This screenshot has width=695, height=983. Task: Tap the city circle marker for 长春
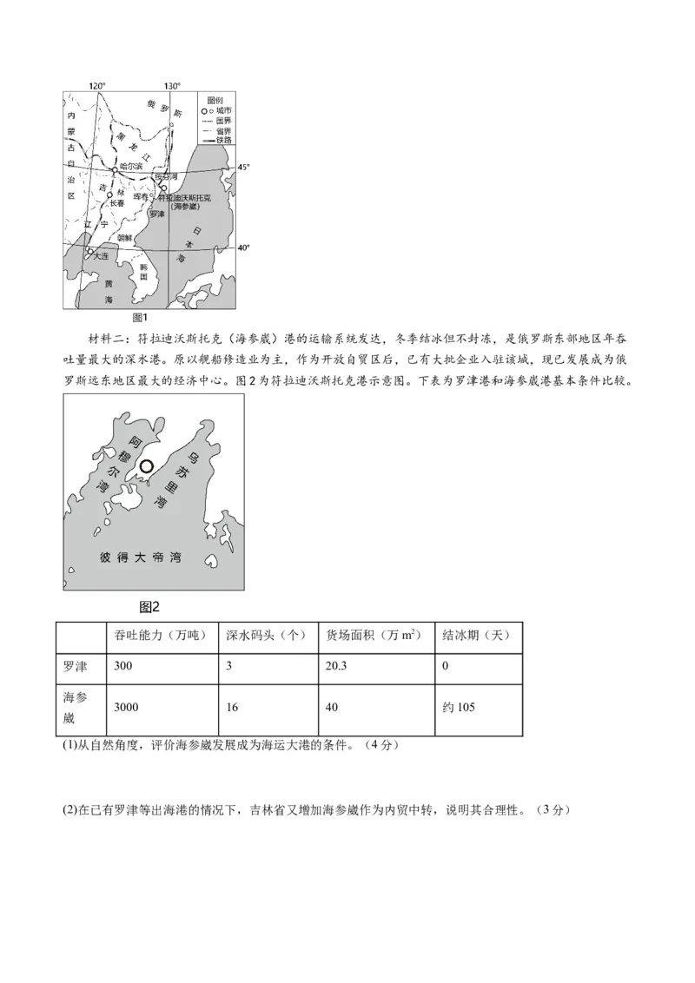(110, 195)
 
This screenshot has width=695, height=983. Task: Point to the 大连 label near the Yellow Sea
(102, 256)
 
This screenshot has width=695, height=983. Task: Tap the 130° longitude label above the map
(172, 86)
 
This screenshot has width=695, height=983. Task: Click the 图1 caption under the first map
(140, 318)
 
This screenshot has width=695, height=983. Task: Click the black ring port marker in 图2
(147, 466)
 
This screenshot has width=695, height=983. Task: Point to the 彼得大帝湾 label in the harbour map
(140, 557)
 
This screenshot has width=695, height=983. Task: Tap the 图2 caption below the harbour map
(149, 606)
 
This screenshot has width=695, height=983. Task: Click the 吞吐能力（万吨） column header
(161, 636)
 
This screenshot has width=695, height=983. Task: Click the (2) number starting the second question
(69, 810)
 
